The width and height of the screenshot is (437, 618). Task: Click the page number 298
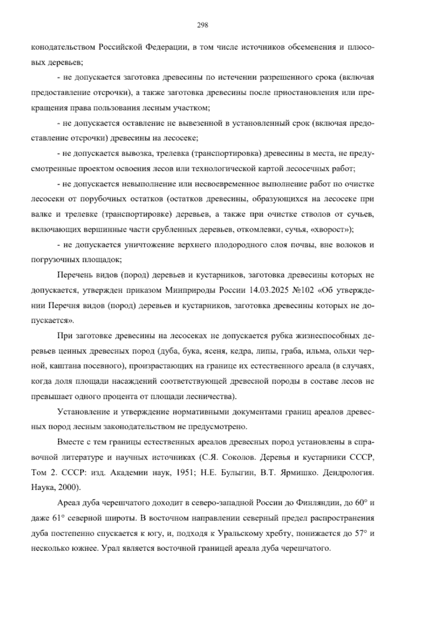202,25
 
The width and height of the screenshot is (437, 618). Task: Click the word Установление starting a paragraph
82,412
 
